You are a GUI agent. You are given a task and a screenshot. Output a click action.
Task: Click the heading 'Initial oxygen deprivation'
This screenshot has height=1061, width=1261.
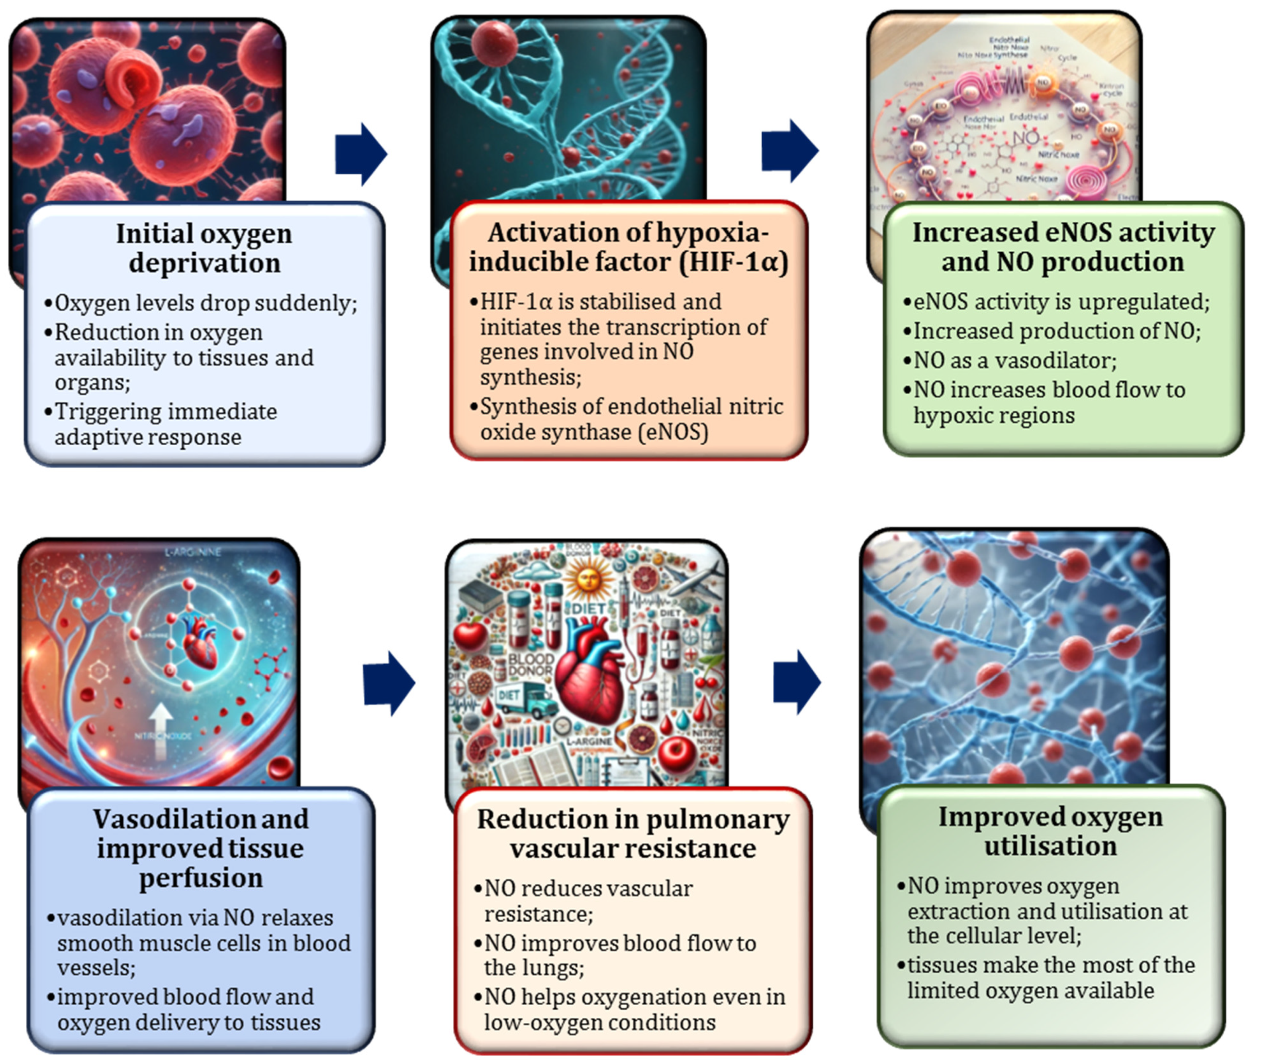pos(204,248)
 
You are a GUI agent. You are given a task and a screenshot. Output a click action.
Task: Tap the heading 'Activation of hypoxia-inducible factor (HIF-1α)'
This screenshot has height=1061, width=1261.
pos(628,247)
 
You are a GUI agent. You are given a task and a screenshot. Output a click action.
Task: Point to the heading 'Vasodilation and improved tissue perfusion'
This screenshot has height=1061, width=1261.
pos(201,848)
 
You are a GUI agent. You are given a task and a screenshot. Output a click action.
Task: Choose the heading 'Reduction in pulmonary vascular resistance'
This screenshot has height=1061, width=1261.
pos(633,834)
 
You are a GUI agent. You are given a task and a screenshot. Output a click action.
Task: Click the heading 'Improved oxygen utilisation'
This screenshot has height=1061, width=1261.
pos(1051,831)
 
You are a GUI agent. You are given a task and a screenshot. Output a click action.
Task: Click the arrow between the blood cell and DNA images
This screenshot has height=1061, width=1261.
pos(360,154)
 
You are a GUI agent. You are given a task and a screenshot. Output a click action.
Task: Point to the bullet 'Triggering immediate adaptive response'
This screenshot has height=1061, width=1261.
pos(165,424)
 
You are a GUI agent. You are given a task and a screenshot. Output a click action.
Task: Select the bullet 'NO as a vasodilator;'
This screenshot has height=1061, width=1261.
pos(1014,360)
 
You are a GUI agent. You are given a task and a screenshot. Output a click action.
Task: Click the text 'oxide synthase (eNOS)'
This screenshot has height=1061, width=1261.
pos(594,432)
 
